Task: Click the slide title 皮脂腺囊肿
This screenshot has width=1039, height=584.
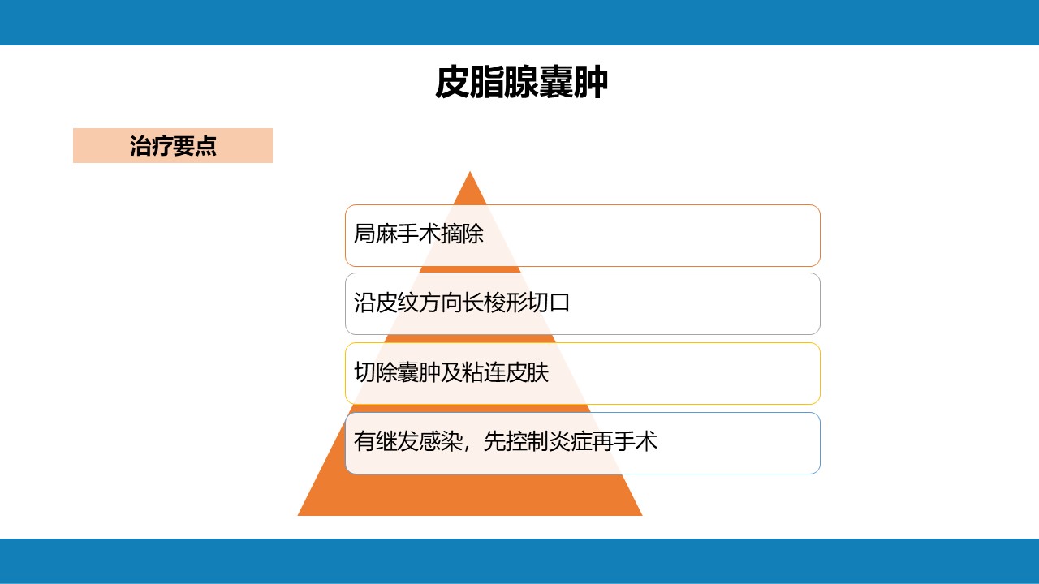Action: (521, 82)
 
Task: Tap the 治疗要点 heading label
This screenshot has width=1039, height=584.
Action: (173, 145)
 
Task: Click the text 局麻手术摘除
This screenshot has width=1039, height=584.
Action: (418, 233)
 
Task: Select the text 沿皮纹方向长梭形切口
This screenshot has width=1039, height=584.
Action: (462, 303)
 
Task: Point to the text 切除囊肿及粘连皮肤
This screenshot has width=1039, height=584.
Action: (451, 372)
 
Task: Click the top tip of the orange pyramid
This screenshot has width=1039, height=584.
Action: (470, 171)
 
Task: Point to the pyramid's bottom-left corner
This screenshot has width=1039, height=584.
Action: (298, 515)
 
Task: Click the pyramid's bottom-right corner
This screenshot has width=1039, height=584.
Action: (642, 515)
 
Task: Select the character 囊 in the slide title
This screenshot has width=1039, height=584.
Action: (556, 82)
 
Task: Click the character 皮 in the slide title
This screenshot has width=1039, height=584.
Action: (452, 82)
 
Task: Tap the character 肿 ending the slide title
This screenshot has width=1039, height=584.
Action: (591, 82)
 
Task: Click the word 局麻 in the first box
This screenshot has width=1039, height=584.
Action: (375, 233)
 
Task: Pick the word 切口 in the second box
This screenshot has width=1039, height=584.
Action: (549, 303)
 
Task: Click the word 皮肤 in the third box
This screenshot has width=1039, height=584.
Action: (527, 372)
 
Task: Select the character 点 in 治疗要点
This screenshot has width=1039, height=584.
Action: (206, 145)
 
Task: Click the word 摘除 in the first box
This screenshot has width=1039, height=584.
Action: (462, 233)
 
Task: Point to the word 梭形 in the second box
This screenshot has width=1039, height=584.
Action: (505, 303)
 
